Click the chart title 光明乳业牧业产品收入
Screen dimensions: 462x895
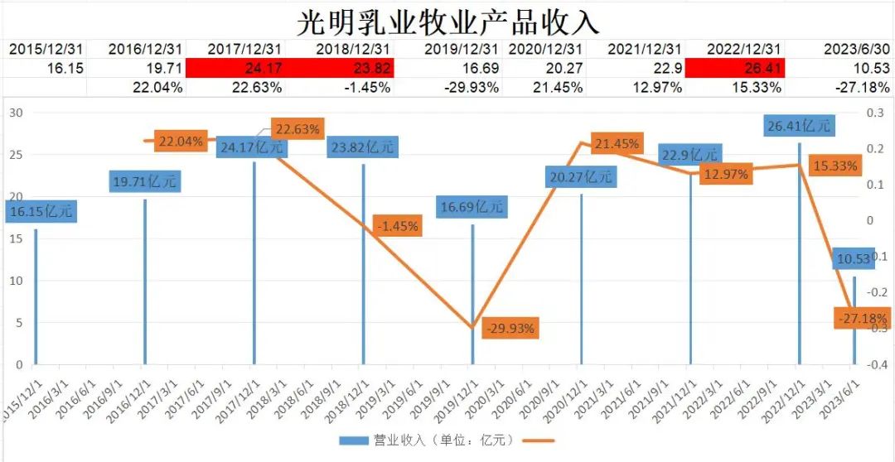pos(447,20)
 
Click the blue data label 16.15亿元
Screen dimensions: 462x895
pos(41,212)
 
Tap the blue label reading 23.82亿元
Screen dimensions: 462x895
pos(362,147)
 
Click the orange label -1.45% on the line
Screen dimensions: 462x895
pos(397,226)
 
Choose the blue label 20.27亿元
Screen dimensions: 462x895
pos(580,176)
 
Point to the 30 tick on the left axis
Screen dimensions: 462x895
pos(15,112)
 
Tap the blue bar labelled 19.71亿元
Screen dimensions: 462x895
pos(144,282)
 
